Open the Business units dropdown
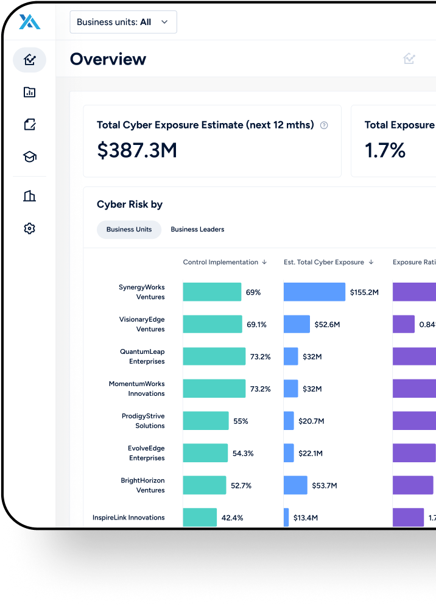pos(123,22)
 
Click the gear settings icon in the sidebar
pos(29,228)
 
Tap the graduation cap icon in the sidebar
pos(29,157)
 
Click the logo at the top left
pos(29,22)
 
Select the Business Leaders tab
pos(197,230)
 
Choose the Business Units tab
pos(129,230)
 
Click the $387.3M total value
pos(137,150)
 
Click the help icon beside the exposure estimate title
pos(324,125)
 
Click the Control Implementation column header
pos(225,262)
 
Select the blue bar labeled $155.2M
pos(314,292)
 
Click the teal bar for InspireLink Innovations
pos(200,518)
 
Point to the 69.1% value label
pos(256,325)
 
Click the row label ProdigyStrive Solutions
pos(142,421)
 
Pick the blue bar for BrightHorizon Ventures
pos(295,485)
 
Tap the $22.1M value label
pos(311,453)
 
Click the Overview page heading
pos(108,59)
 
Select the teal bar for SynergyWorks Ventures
pos(212,292)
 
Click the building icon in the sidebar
pos(29,196)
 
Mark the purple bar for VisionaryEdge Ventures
pos(404,325)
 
